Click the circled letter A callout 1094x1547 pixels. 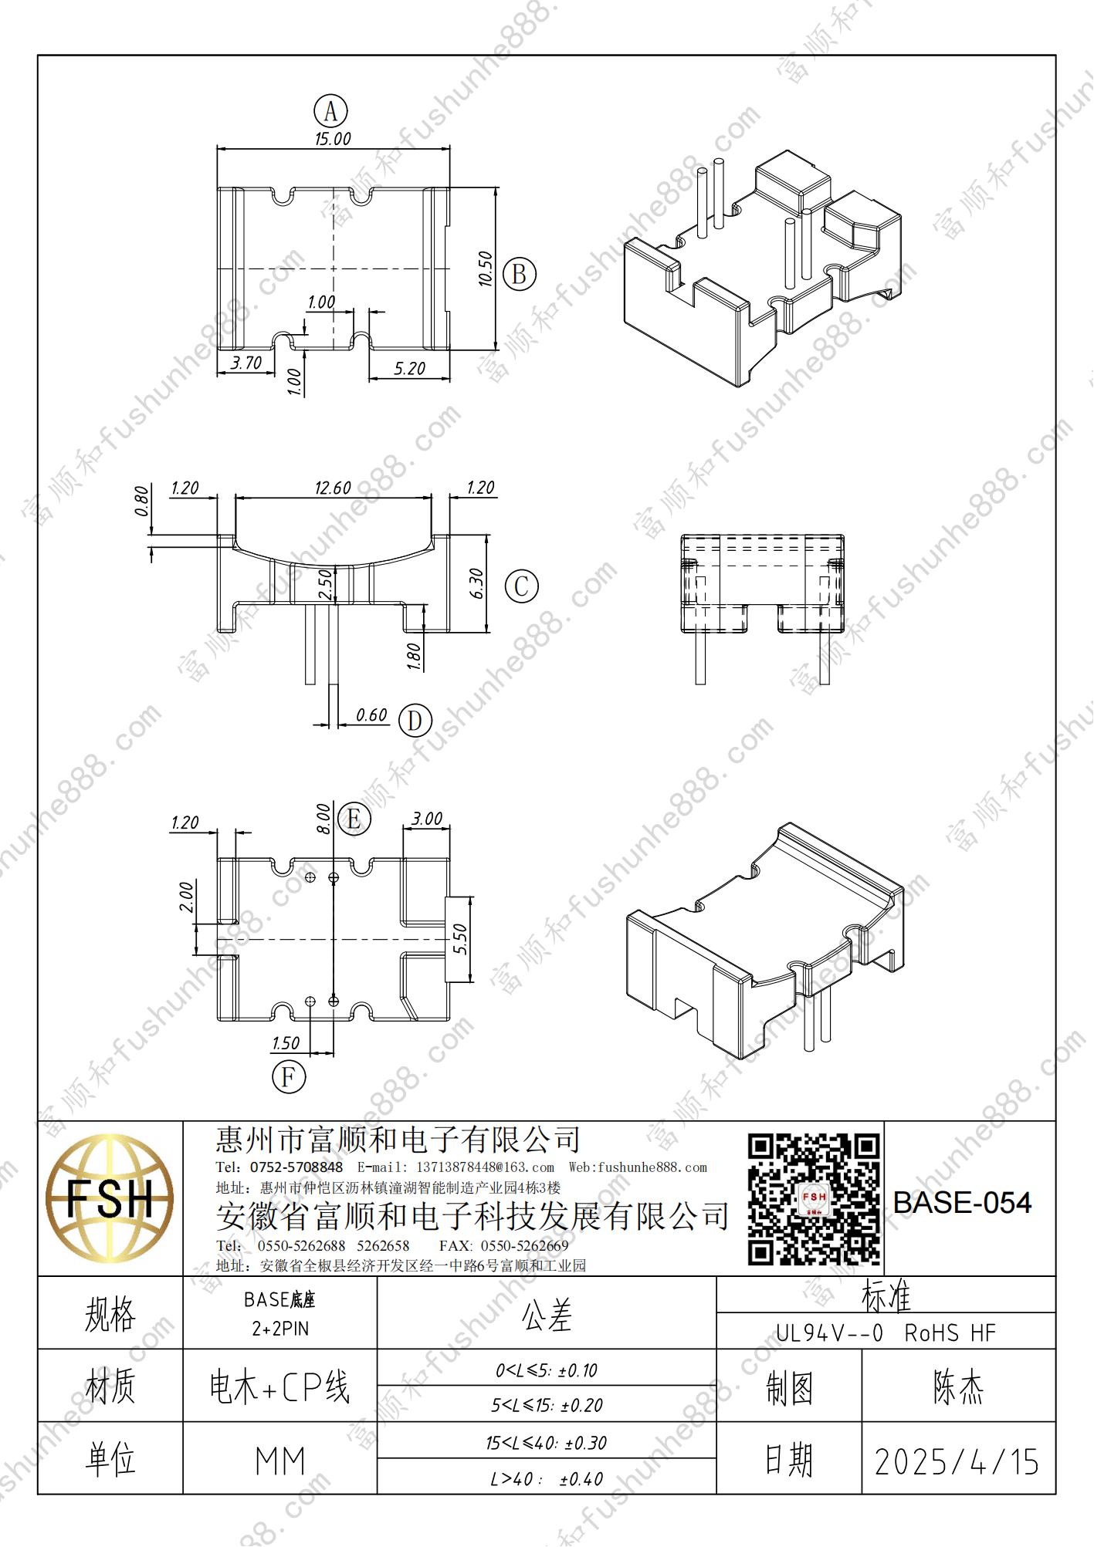point(330,112)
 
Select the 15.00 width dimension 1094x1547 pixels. point(332,139)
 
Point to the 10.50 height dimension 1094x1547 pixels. point(485,269)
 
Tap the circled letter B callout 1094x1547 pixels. point(519,275)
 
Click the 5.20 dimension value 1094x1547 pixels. point(409,369)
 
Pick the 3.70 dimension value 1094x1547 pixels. point(246,363)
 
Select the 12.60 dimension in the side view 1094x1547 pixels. point(333,488)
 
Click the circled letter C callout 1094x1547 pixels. point(521,586)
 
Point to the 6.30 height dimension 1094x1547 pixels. point(476,584)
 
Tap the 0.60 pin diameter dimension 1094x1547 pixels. point(371,715)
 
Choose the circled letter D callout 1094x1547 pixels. point(415,721)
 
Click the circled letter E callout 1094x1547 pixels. point(354,819)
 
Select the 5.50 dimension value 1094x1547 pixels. point(459,939)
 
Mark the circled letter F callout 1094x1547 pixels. point(289,1076)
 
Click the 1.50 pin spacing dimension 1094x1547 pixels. point(286,1043)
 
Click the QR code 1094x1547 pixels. point(814,1199)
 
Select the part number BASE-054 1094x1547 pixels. point(962,1203)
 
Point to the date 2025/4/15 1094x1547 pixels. point(957,1461)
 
